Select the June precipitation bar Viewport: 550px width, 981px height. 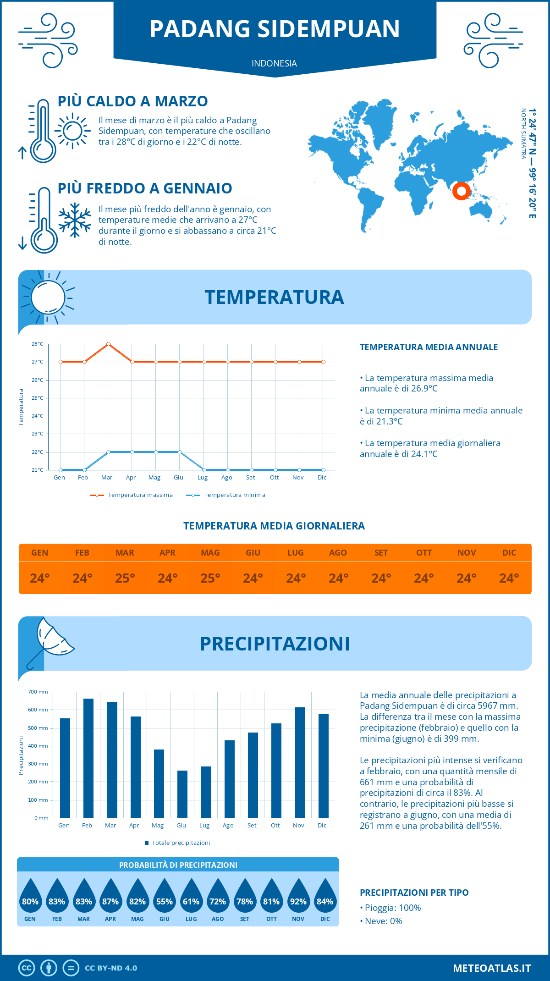tap(182, 794)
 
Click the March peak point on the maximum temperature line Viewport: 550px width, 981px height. tap(108, 344)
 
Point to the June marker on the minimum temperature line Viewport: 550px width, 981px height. tap(180, 452)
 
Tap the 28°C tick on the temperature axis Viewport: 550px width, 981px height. tap(38, 344)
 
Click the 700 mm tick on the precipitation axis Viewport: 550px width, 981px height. tap(38, 692)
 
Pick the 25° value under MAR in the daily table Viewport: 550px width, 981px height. tap(125, 579)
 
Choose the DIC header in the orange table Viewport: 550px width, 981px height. tap(509, 553)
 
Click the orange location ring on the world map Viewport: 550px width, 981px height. tap(461, 191)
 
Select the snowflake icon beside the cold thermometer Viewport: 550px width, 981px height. tap(75, 220)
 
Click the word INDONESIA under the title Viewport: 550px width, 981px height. tap(274, 63)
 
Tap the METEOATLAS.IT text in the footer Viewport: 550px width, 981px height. tap(492, 968)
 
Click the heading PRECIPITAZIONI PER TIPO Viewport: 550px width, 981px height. tap(414, 893)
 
